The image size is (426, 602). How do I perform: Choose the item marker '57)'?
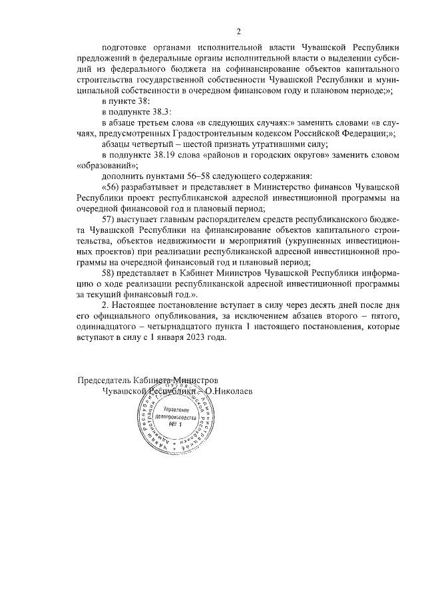[109, 220]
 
